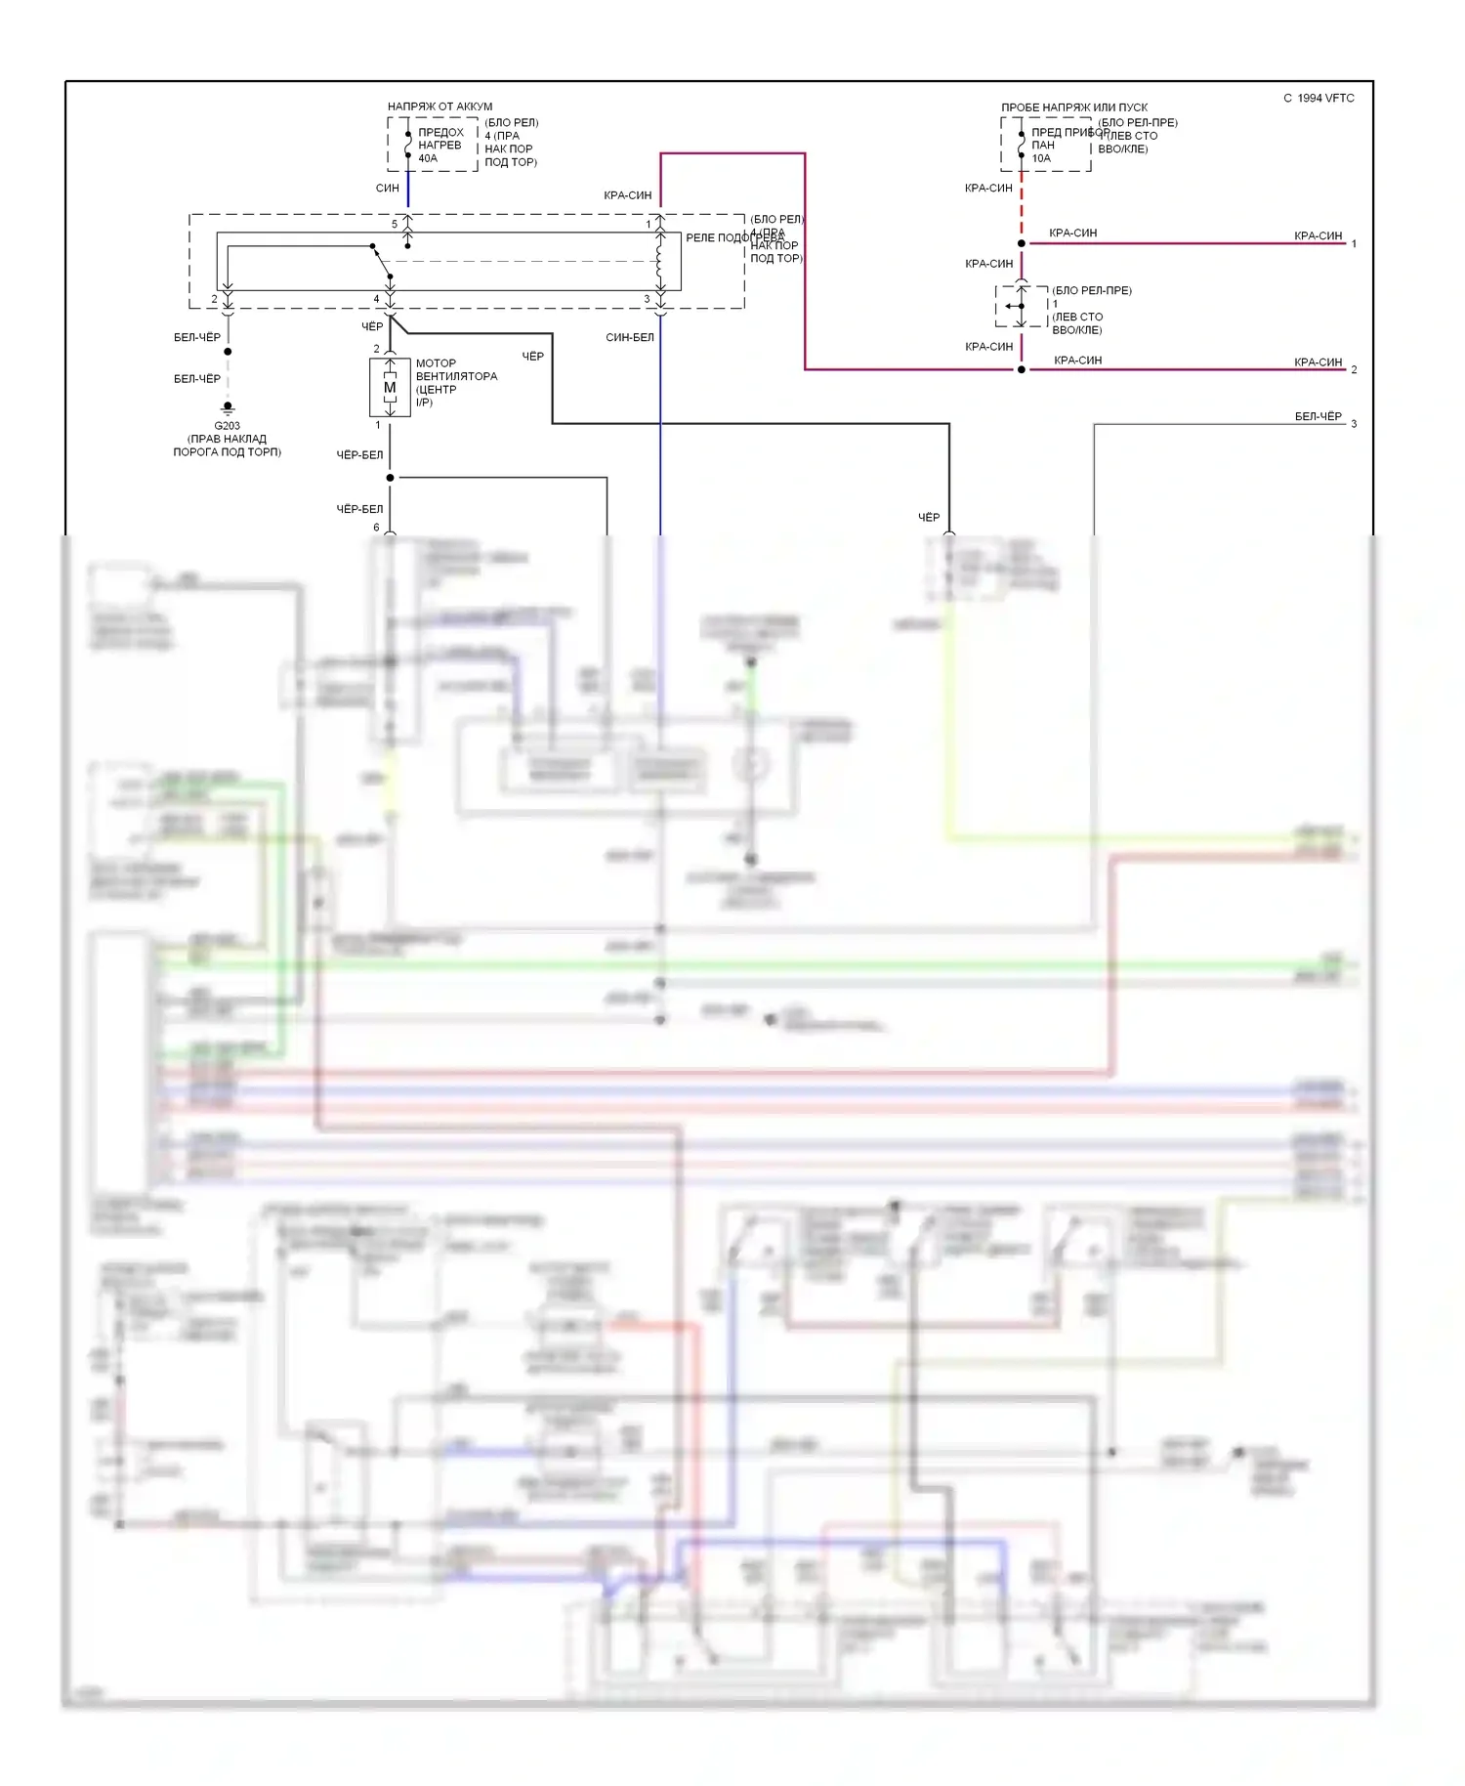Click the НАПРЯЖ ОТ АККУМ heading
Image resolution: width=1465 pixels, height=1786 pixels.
[439, 106]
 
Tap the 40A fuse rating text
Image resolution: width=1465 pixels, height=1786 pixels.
[428, 158]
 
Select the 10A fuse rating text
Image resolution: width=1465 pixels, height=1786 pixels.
[1041, 158]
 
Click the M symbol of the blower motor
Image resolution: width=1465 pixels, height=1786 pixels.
[390, 388]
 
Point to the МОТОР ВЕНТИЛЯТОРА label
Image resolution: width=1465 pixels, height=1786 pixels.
[456, 370]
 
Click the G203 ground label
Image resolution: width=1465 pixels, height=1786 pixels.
[227, 426]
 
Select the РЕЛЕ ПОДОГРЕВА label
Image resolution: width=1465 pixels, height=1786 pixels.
[734, 237]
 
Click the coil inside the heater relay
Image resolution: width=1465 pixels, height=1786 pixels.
[660, 260]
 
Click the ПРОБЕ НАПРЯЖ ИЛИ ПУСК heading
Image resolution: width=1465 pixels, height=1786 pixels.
[1074, 107]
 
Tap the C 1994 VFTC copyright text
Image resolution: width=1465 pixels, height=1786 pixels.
[1318, 98]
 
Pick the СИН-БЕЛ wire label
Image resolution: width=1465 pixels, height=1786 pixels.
[630, 337]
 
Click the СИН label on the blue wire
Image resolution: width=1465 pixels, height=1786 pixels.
[387, 188]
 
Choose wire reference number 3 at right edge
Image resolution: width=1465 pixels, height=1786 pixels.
[1354, 424]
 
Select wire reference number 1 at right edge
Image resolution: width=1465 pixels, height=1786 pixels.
[1354, 243]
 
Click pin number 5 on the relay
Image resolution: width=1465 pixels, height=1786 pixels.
[395, 224]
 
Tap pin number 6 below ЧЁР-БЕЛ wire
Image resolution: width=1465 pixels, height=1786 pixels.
[376, 528]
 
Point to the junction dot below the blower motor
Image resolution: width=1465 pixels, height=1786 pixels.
[390, 478]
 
